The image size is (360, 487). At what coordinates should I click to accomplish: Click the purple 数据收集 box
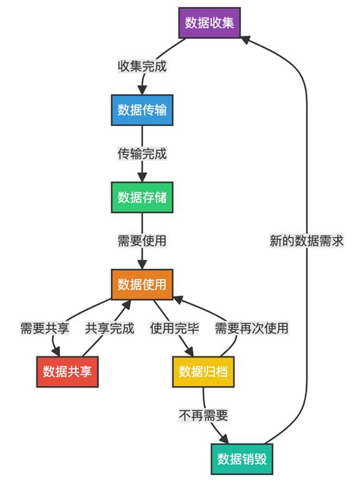point(210,23)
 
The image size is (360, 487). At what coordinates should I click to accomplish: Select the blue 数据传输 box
point(142,109)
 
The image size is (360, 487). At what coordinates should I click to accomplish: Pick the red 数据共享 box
point(68,372)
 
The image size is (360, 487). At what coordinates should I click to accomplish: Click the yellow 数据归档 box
point(203,372)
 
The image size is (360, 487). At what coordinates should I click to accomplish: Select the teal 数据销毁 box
point(241,459)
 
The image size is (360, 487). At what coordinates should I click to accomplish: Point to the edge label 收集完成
point(142,66)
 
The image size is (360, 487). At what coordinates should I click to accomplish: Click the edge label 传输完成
point(142,153)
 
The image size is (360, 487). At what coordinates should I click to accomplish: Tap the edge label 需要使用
point(142,241)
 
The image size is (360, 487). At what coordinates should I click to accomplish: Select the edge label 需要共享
point(45,328)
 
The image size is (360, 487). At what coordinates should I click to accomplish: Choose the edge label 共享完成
point(109,328)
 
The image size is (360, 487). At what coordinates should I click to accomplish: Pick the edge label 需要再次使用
point(251,328)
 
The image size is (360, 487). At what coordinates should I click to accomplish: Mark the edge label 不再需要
point(204,416)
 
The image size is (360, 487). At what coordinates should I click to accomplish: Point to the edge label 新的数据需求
point(307,241)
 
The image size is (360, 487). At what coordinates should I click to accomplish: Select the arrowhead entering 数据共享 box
point(58,353)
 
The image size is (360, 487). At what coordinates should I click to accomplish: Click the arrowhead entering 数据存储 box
point(142,179)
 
